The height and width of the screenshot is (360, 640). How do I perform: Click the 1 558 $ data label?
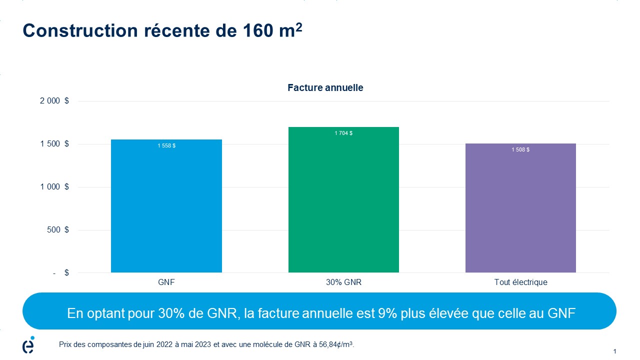point(166,145)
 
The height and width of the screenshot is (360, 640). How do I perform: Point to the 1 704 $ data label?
point(343,133)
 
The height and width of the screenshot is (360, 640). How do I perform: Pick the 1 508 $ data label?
point(520,149)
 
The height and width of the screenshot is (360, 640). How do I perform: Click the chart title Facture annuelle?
point(325,88)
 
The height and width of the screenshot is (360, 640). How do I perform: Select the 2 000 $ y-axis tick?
point(54,101)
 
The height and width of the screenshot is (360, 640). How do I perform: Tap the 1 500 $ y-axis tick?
point(54,144)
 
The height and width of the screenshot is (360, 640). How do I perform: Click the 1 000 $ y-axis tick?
point(54,187)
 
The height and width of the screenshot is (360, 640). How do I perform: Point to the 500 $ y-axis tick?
point(59,230)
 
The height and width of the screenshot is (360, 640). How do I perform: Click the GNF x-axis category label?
point(166,282)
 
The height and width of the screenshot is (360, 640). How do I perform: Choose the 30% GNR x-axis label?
point(343,282)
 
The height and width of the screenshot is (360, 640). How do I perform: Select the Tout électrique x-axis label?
point(520,282)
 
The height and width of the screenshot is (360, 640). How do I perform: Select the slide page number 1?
point(614,351)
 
